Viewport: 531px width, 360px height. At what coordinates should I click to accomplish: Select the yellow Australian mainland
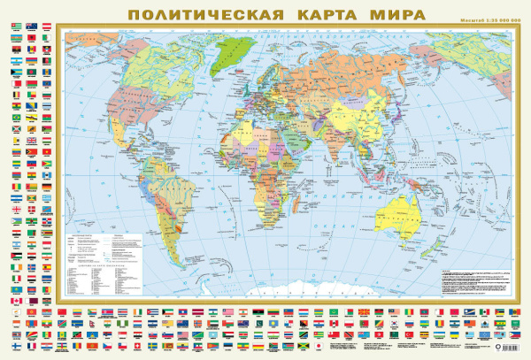[x=409, y=204]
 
